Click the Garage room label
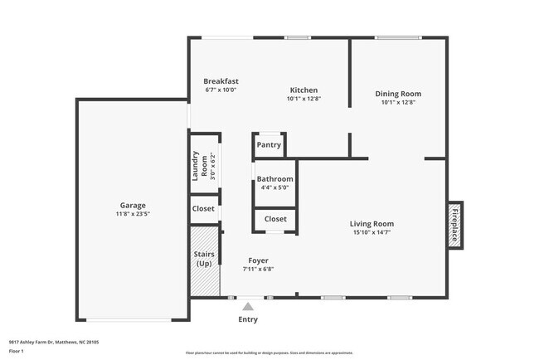coord(132,205)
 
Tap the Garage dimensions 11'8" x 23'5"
coord(132,214)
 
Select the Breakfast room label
coord(221,80)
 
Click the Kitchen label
coord(303,90)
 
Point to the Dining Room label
coord(398,94)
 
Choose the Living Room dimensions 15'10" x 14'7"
coord(371,232)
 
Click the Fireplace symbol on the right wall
coord(454,224)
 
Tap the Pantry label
coord(269,145)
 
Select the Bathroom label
coord(274,178)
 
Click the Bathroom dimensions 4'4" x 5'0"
coord(274,187)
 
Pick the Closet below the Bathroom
coord(275,219)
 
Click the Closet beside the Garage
coord(204,209)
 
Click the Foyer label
coord(258,260)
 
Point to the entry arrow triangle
coord(247,306)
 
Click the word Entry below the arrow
coord(248,319)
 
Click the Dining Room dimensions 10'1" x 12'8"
coord(398,103)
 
